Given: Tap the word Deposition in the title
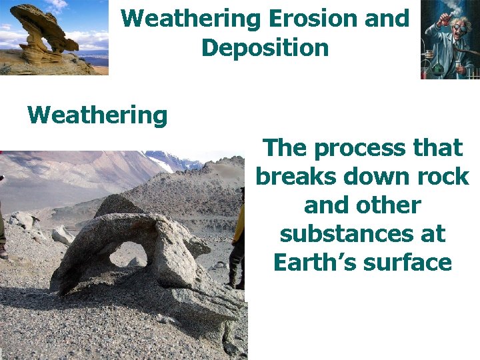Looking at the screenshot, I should coord(265,48).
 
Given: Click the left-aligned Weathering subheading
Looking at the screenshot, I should coord(97,115).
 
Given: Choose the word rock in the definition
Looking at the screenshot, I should coord(441,177).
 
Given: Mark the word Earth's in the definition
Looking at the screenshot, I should coord(315,262).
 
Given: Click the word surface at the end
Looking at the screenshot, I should coord(410,262).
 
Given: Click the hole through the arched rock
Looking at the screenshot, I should coord(128,254).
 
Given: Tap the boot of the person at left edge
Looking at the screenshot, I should coord(3,253).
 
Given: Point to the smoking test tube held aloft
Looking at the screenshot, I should coord(437,17).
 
